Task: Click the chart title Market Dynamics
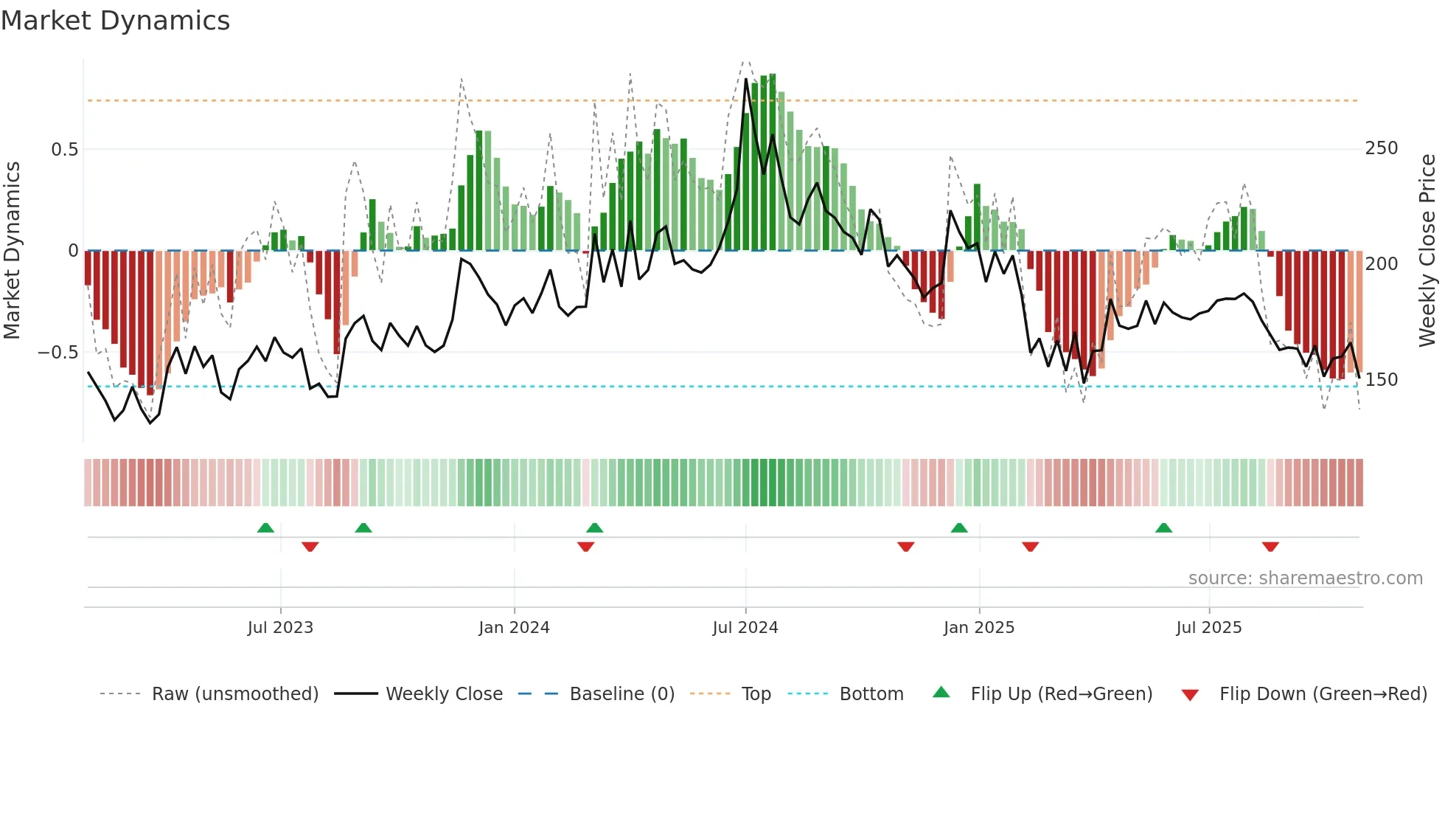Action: tap(116, 21)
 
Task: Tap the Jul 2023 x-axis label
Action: tap(280, 628)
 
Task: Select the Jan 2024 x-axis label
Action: tap(514, 628)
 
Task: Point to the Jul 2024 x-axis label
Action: tap(745, 628)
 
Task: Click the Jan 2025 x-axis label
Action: tap(979, 628)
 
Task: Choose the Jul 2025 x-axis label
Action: tap(1209, 628)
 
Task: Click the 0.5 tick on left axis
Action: tap(65, 150)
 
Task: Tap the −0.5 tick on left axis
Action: tap(58, 353)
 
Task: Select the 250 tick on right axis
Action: tap(1382, 148)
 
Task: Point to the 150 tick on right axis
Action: tap(1382, 380)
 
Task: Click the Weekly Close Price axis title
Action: tap(1427, 251)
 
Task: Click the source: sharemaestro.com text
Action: tap(1305, 578)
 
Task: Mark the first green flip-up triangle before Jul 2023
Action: tap(265, 527)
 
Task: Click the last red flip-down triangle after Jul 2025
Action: tap(1270, 547)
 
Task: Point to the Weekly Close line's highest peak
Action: tap(746, 79)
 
